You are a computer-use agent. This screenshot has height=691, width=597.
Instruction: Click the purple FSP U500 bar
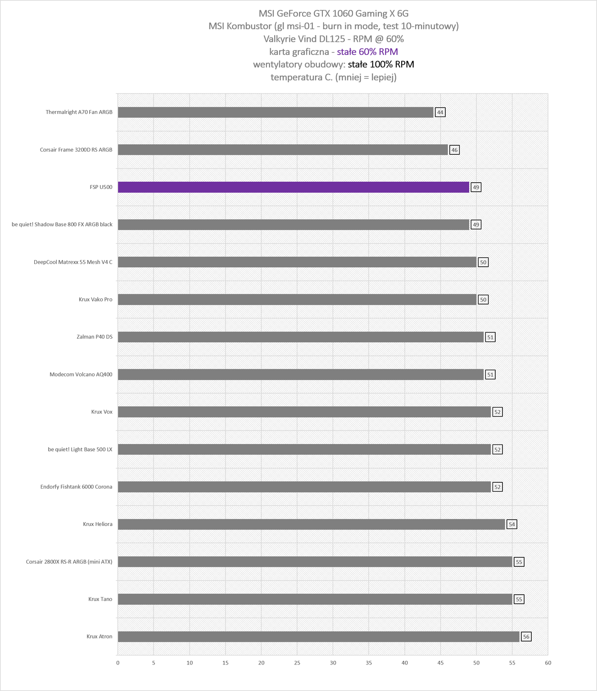coord(294,187)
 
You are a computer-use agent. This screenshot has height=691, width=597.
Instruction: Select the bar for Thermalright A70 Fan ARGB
coord(276,112)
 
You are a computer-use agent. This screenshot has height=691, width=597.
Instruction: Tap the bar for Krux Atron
coord(319,637)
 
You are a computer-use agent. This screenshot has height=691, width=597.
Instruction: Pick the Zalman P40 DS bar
coord(300,337)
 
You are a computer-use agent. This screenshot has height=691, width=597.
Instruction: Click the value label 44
coord(440,112)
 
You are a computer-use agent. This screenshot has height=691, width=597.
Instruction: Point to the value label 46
coord(454,150)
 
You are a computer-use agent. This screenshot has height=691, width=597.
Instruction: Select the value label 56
coord(526,637)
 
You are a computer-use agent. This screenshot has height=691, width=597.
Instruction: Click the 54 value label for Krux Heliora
coord(511,524)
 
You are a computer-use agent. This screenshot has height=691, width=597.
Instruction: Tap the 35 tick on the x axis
coord(369,663)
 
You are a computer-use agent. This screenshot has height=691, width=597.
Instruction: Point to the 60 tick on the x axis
coord(548,663)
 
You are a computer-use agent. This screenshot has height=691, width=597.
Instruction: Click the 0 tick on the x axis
coord(118,663)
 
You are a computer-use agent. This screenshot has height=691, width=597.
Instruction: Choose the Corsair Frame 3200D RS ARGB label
coord(76,150)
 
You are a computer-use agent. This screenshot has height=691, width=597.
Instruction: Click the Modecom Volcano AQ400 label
coord(81,374)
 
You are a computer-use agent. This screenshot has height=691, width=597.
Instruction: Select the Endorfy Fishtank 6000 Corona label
coord(76,487)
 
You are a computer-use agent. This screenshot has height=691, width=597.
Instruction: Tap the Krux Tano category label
coord(100,599)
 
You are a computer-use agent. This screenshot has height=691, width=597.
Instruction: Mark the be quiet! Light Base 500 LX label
coord(80,449)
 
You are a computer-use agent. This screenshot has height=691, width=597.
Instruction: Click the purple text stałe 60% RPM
coord(367,52)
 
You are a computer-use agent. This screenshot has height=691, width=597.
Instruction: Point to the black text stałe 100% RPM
coord(381,64)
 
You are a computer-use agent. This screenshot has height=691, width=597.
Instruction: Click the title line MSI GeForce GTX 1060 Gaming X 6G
coord(334,13)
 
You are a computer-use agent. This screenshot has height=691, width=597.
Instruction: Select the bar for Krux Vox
coord(304,412)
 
